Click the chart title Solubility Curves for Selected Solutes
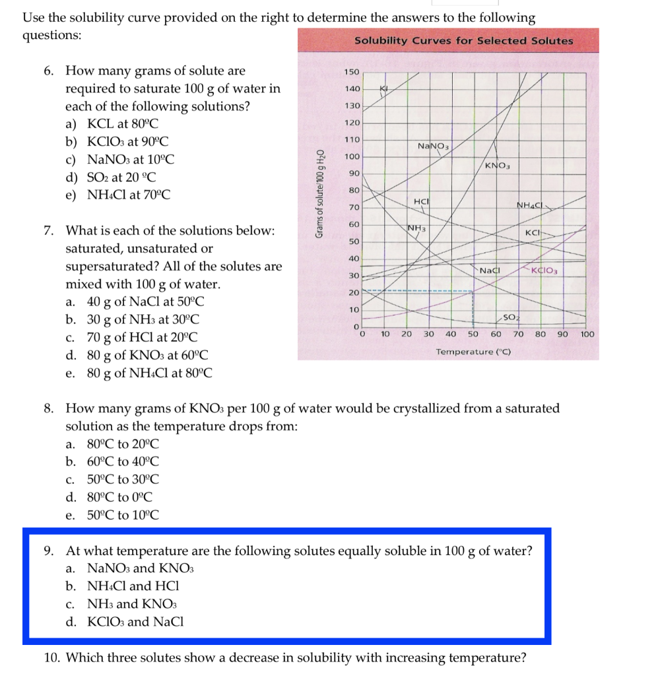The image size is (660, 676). pyautogui.click(x=463, y=41)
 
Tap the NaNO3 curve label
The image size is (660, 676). pyautogui.click(x=433, y=145)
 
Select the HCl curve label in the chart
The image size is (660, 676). pyautogui.click(x=421, y=201)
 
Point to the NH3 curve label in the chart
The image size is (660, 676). pyautogui.click(x=416, y=228)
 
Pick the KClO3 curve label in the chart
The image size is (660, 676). pyautogui.click(x=546, y=271)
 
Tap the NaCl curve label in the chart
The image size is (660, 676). pyautogui.click(x=490, y=271)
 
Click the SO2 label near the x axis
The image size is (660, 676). pyautogui.click(x=509, y=318)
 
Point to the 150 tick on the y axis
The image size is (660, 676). pyautogui.click(x=352, y=71)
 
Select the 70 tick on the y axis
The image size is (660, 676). pyautogui.click(x=354, y=208)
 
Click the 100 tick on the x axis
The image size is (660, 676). pyautogui.click(x=587, y=335)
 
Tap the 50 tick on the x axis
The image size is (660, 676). pyautogui.click(x=473, y=335)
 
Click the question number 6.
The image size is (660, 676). pyautogui.click(x=49, y=71)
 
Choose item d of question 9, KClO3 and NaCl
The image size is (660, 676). pyautogui.click(x=135, y=621)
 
